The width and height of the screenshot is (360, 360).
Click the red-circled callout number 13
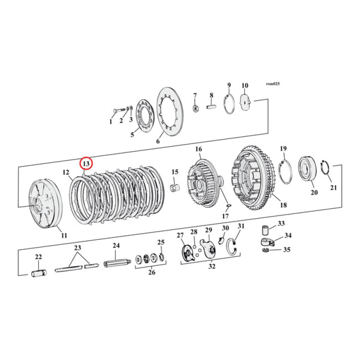[85, 163]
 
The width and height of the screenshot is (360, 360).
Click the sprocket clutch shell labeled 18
[255, 182]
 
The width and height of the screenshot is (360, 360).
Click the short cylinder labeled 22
[38, 273]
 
